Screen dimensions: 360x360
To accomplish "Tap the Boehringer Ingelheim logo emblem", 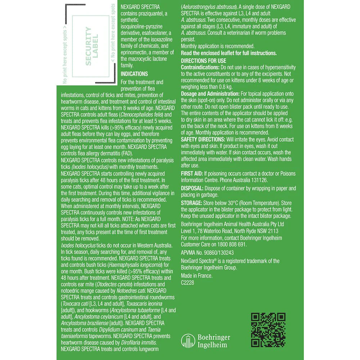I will [x=188, y=341].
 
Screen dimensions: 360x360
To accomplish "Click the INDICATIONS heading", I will [x=134, y=74].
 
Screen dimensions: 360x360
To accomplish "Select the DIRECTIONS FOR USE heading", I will [x=203, y=61].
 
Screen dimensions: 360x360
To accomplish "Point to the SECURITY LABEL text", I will [x=90, y=47].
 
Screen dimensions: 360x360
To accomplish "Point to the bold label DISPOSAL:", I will [x=193, y=188].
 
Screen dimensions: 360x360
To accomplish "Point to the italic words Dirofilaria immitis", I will [x=136, y=342].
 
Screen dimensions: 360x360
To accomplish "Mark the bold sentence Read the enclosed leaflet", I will [x=228, y=53].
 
